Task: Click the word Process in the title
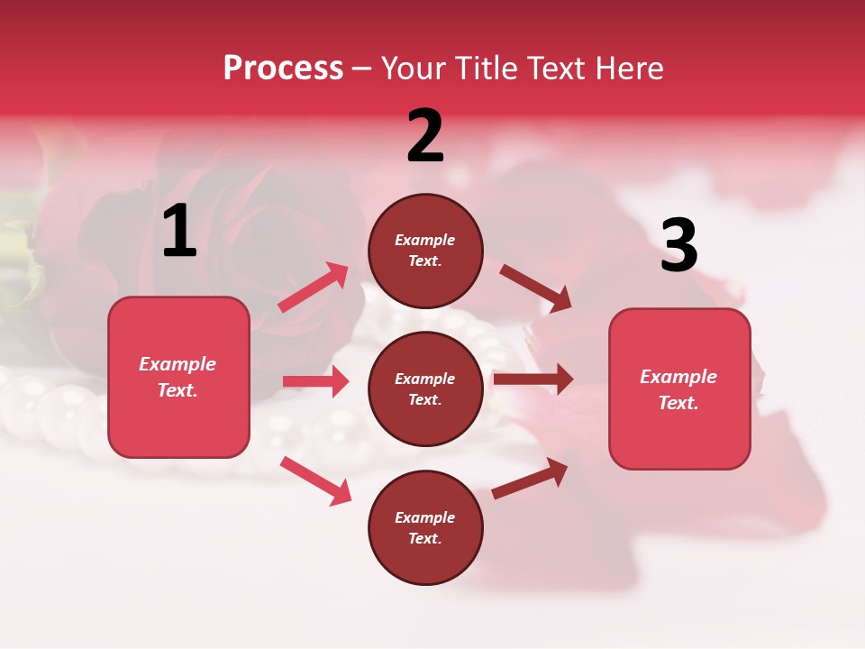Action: [283, 68]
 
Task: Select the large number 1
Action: [179, 232]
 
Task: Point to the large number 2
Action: [425, 136]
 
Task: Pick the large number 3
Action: [678, 246]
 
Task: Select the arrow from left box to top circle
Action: [314, 287]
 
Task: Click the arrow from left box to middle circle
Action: [315, 381]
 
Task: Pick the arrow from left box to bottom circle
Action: [315, 480]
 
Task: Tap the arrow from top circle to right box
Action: [535, 288]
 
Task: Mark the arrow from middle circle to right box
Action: [533, 379]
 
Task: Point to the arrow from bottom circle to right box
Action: [530, 479]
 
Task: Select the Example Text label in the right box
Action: [678, 389]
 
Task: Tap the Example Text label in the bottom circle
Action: [425, 527]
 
